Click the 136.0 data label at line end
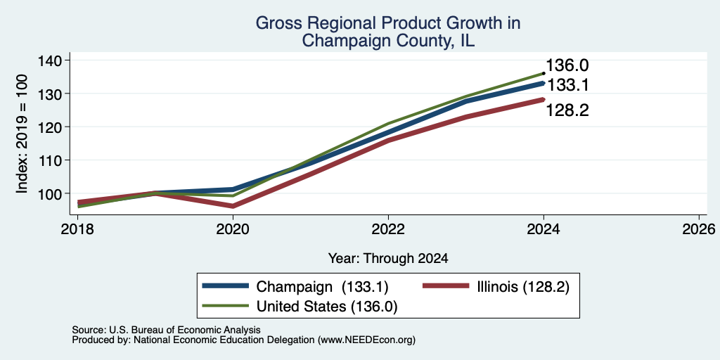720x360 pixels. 567,65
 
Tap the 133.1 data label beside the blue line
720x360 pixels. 567,85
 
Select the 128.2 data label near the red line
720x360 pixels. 567,110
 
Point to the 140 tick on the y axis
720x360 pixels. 55,60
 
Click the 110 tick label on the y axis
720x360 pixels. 55,160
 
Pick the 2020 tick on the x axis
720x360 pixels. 233,229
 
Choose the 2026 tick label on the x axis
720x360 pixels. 699,229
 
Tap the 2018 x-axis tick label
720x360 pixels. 77,229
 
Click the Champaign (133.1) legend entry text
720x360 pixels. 322,287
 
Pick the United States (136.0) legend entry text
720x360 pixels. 326,307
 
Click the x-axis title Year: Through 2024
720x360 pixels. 388,259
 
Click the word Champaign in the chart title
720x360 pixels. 346,41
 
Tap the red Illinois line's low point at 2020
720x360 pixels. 233,206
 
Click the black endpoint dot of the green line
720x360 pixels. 544,73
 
